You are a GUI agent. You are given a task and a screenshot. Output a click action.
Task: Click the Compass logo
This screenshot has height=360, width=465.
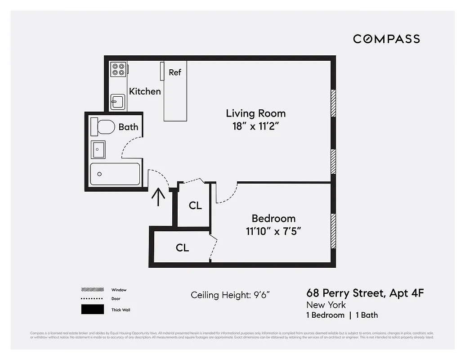click(386, 39)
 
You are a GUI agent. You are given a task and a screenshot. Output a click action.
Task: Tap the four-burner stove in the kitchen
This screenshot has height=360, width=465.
click(119, 69)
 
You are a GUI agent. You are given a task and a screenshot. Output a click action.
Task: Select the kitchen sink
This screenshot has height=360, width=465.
click(118, 102)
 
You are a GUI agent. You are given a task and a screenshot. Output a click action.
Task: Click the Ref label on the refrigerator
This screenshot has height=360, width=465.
click(175, 72)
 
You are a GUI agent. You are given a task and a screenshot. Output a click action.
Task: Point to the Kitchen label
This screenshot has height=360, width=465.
click(145, 91)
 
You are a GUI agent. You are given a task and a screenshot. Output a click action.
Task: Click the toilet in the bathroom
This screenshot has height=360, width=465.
click(102, 127)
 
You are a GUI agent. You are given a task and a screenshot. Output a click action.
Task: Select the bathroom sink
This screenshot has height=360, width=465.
click(98, 149)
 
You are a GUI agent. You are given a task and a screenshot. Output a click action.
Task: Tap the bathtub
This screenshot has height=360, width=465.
click(115, 174)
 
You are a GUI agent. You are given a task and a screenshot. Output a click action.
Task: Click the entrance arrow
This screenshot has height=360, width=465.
click(158, 197)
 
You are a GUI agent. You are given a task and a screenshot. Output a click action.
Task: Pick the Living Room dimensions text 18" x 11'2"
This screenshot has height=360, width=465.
click(256, 126)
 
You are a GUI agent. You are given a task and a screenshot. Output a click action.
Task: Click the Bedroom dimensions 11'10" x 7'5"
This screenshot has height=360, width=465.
click(273, 232)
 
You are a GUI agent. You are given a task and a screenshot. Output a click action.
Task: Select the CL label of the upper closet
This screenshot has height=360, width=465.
click(195, 206)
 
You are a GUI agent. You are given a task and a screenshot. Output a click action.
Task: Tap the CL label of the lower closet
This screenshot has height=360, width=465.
click(182, 247)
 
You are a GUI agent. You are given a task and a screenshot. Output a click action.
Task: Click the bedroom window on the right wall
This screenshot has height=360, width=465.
click(333, 230)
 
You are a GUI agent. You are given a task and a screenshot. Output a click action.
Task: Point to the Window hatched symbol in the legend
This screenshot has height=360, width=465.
click(92, 290)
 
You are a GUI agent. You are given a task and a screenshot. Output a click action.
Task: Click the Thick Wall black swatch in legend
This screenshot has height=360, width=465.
click(92, 310)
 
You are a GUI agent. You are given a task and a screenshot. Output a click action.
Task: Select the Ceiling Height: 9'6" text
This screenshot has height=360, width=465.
click(230, 295)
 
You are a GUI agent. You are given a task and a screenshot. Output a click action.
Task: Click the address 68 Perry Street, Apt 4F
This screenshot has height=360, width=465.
click(365, 294)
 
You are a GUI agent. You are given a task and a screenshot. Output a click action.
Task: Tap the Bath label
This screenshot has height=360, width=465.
click(128, 127)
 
